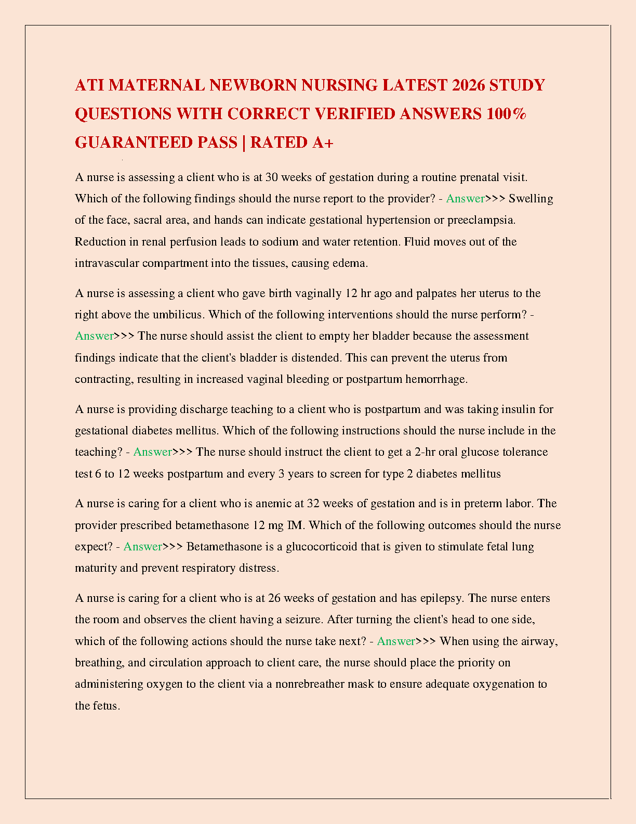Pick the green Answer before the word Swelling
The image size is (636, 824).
click(465, 199)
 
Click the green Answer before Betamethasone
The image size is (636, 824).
click(142, 547)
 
